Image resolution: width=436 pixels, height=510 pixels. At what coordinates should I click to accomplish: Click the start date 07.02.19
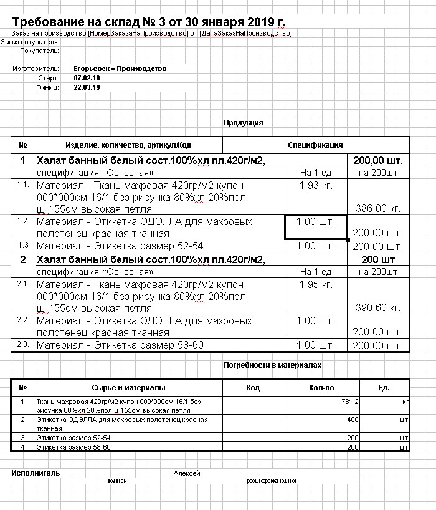pos(87,78)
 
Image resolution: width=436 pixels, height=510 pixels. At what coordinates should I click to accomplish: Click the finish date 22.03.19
pos(87,88)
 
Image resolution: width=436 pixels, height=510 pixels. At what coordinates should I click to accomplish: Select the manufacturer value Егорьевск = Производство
pos(120,69)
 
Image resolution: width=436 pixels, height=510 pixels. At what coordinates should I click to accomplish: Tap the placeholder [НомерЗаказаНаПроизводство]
pos(138,33)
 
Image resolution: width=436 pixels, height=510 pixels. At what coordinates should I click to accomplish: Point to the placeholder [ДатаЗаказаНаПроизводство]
pos(245,33)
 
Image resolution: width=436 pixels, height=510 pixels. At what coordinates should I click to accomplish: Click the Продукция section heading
pos(243,123)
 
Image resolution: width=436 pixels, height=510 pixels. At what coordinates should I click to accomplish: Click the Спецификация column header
pos(315,145)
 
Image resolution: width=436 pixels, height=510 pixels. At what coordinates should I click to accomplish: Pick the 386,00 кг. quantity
pos(377,208)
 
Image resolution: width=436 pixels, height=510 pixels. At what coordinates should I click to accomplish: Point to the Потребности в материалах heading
pos(272,365)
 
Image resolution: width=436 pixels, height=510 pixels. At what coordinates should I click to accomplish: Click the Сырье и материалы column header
pos(128,388)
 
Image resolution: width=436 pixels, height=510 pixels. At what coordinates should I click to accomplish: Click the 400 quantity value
pos(353,420)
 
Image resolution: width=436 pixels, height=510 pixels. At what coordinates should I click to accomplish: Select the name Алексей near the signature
pos(187,474)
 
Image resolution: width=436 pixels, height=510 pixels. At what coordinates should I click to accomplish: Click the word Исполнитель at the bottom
pos(36,473)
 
